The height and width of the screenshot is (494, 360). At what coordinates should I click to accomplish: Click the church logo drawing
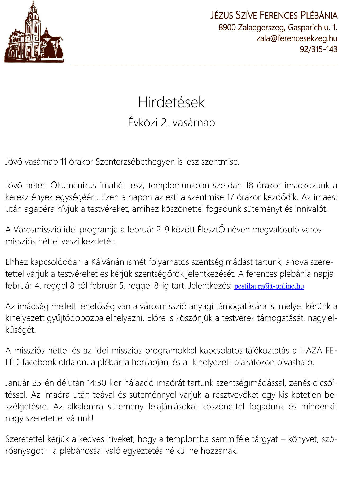[34, 33]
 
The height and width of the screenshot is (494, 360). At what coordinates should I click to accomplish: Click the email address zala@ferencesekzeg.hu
[297, 38]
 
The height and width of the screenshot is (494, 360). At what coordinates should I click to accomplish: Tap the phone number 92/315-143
[318, 49]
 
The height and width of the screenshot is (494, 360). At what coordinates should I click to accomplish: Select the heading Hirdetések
[172, 102]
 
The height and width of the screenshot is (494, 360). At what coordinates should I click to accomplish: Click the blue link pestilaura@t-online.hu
[269, 286]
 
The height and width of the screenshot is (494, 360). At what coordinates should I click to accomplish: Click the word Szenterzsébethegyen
[135, 162]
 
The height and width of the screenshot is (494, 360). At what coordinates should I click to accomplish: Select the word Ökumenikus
[73, 185]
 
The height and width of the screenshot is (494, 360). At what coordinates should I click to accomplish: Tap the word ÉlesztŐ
[211, 230]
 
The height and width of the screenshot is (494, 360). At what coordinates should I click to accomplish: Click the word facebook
[39, 362]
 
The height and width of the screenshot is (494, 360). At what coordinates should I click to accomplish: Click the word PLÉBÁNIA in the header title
[319, 15]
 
